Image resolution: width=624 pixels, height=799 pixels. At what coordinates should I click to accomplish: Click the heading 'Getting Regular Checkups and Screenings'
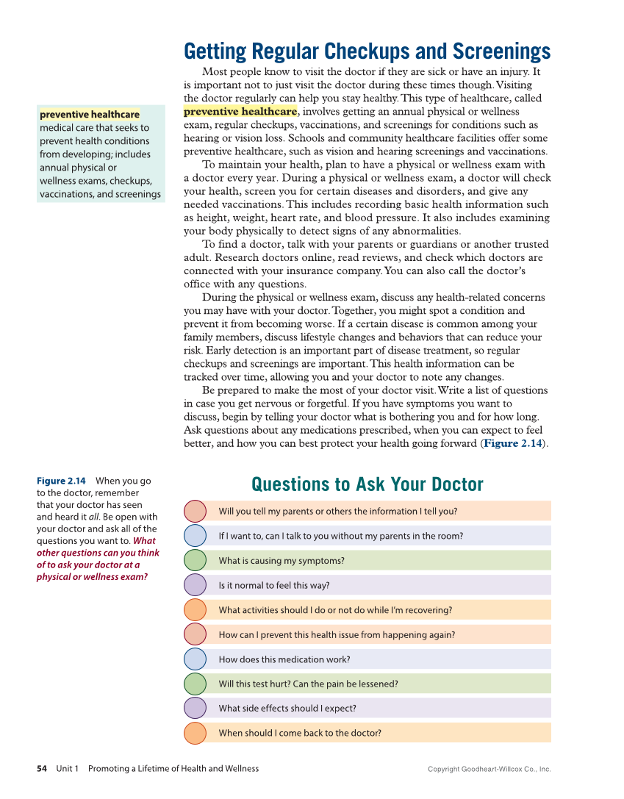367,51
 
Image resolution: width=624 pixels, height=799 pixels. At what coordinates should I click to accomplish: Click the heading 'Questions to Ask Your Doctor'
367,484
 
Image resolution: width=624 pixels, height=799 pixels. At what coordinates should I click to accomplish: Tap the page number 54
42,769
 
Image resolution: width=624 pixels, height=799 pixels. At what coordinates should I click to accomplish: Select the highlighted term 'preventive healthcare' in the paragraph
240,112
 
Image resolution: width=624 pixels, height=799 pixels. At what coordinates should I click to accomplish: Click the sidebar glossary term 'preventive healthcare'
89,115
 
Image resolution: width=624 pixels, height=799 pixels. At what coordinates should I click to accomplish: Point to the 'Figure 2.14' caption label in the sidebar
61,481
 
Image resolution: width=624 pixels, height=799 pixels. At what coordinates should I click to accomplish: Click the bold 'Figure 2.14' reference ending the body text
512,443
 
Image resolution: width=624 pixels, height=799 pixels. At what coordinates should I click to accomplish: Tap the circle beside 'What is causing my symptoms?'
195,560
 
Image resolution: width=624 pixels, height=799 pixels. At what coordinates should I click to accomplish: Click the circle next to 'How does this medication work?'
195,659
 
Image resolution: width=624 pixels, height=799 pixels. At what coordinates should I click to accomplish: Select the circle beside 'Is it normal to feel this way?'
195,585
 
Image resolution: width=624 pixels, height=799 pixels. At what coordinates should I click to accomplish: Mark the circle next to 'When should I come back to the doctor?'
195,733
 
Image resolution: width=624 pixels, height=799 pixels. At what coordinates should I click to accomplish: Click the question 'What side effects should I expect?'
287,709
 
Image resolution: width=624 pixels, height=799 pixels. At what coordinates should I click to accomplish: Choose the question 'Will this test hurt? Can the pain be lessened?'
308,684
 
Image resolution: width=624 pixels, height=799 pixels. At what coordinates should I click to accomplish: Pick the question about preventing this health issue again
337,634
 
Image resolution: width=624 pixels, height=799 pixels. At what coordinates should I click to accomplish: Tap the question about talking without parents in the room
340,536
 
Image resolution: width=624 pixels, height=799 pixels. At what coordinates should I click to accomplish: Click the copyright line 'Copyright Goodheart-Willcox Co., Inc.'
489,770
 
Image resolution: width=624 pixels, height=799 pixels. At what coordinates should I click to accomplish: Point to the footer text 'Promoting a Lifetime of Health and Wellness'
173,769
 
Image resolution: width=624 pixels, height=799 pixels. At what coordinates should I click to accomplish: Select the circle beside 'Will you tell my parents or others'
195,511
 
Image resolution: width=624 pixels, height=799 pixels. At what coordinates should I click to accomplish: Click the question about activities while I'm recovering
335,610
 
